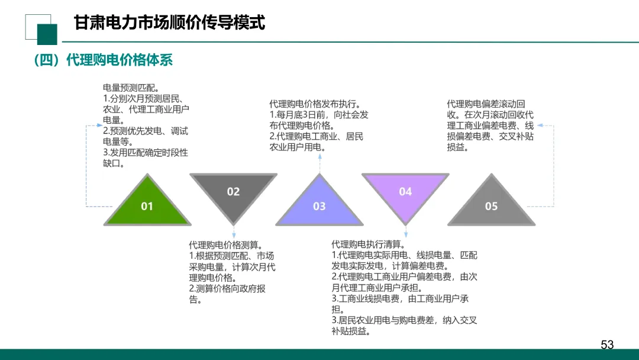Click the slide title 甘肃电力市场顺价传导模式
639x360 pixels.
[169, 23]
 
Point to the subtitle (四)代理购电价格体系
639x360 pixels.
[103, 60]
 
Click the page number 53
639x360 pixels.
[607, 345]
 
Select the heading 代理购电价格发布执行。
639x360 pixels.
[315, 104]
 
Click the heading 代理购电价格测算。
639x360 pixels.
[225, 245]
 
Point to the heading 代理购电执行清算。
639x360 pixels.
[368, 245]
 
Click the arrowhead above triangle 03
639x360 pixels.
[319, 157]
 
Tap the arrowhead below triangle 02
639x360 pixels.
[234, 236]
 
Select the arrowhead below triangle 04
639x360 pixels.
[405, 235]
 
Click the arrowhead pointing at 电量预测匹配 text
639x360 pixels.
[98, 126]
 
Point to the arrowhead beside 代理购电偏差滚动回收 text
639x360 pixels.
[540, 126]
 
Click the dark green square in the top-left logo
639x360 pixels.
[47, 34]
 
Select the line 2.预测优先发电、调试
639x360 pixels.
[146, 131]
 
